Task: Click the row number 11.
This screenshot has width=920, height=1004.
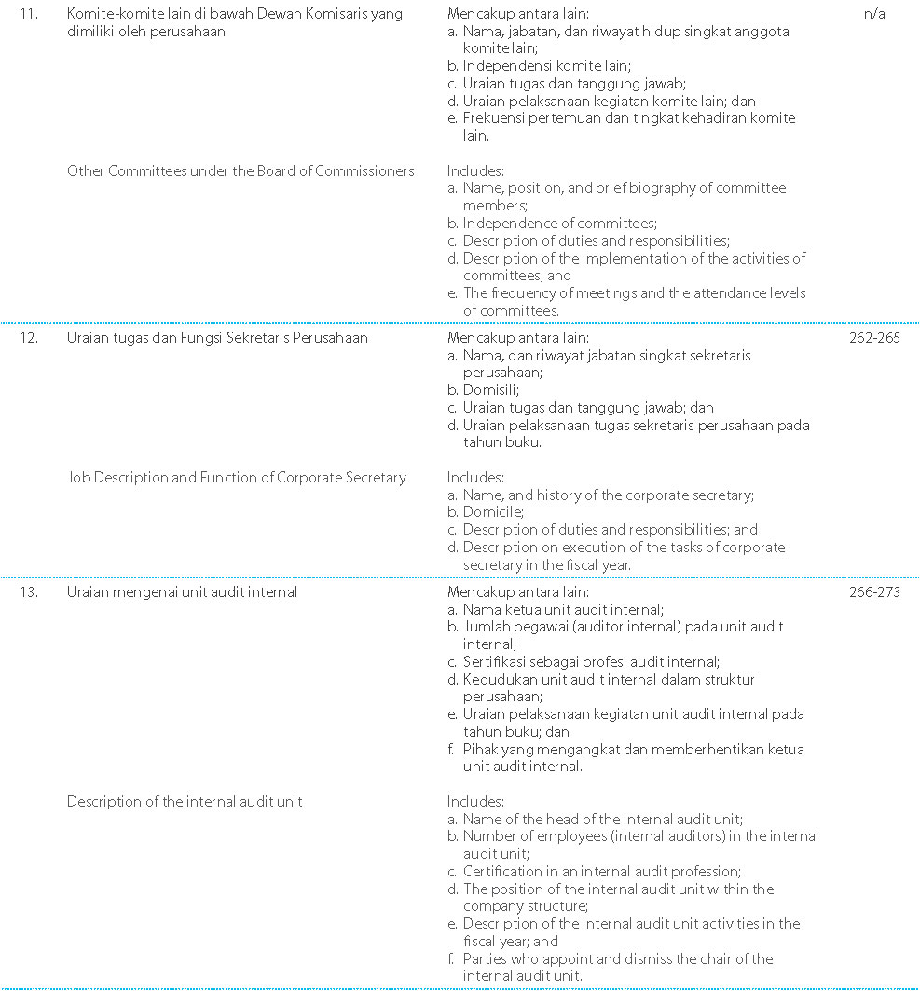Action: pos(29,14)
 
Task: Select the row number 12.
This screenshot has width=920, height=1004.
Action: pos(29,338)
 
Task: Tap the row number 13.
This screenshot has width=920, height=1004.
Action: pos(29,592)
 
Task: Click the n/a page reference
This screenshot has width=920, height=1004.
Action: pos(874,14)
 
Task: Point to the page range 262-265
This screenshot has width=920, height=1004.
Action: pos(874,338)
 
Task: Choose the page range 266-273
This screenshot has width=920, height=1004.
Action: pos(874,592)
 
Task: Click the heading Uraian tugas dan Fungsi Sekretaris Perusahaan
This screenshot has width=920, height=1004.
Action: pos(217,338)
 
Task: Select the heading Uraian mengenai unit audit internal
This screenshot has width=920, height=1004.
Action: pos(182,592)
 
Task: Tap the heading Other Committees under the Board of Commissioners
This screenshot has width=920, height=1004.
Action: pos(240,170)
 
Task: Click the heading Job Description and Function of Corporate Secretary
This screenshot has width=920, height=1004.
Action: pos(237,478)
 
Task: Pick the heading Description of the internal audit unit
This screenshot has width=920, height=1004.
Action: pos(185,802)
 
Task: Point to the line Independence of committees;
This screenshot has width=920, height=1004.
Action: pos(559,224)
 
